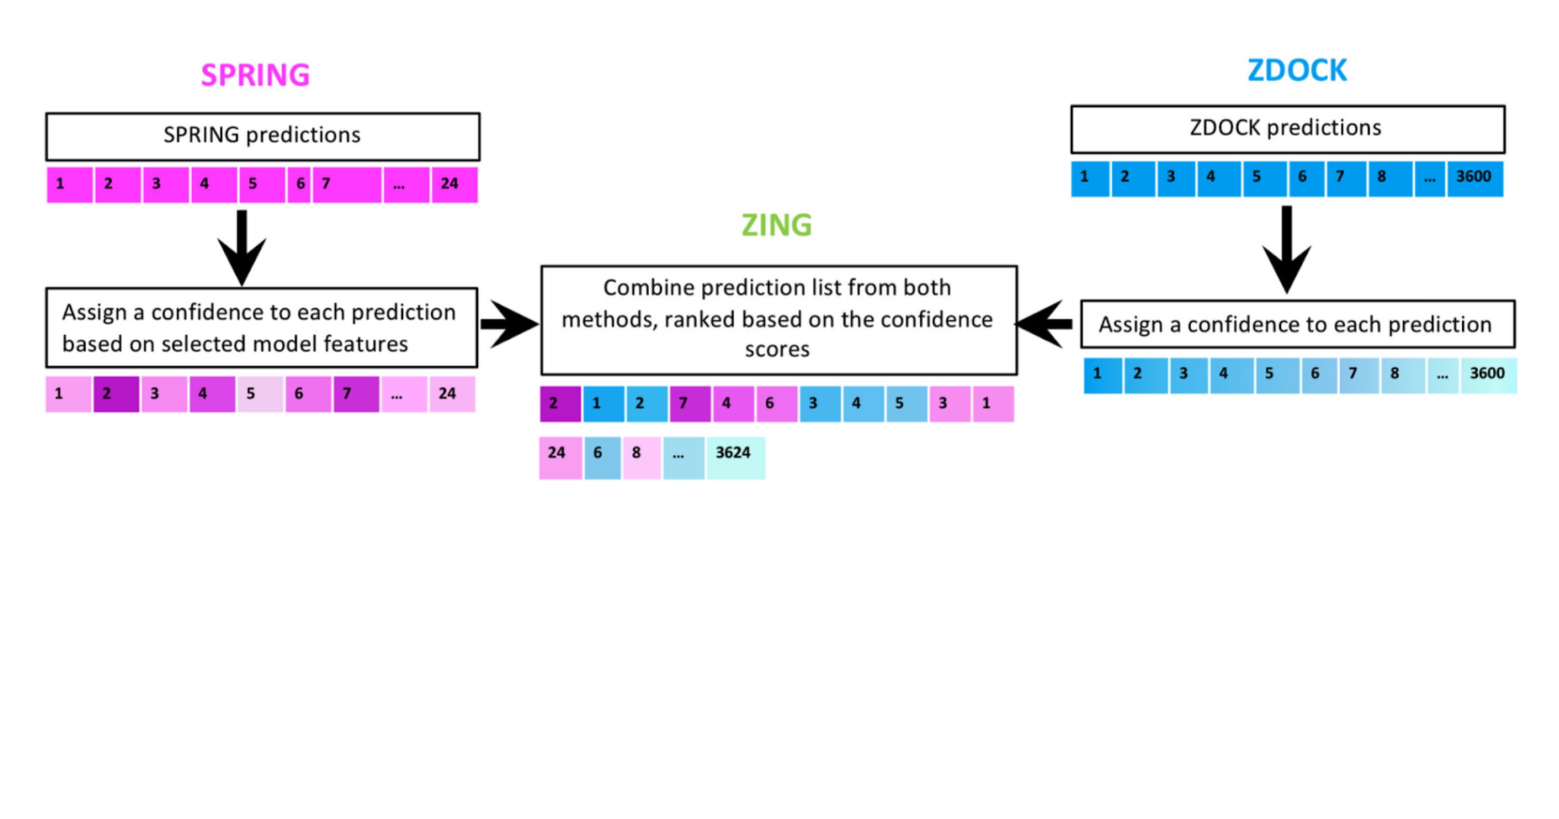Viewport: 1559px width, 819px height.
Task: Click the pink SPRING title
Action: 255,75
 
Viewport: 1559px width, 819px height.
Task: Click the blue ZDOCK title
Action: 1296,71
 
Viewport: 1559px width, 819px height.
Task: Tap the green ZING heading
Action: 776,225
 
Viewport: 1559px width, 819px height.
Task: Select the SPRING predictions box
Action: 263,136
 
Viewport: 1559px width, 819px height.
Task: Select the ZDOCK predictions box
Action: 1287,129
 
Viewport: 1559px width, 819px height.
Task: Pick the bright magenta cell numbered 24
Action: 454,184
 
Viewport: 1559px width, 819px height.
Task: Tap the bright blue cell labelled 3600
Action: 1474,179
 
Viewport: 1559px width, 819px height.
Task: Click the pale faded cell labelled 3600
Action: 1488,375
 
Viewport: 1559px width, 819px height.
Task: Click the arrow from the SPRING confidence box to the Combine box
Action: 509,324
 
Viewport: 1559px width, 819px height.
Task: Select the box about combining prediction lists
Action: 778,320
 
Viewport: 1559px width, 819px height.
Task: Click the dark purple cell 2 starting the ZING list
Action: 560,404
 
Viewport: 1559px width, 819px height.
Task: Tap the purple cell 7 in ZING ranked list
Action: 689,404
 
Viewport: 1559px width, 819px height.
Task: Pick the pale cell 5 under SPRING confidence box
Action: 259,395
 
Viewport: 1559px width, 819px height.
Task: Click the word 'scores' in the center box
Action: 777,350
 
